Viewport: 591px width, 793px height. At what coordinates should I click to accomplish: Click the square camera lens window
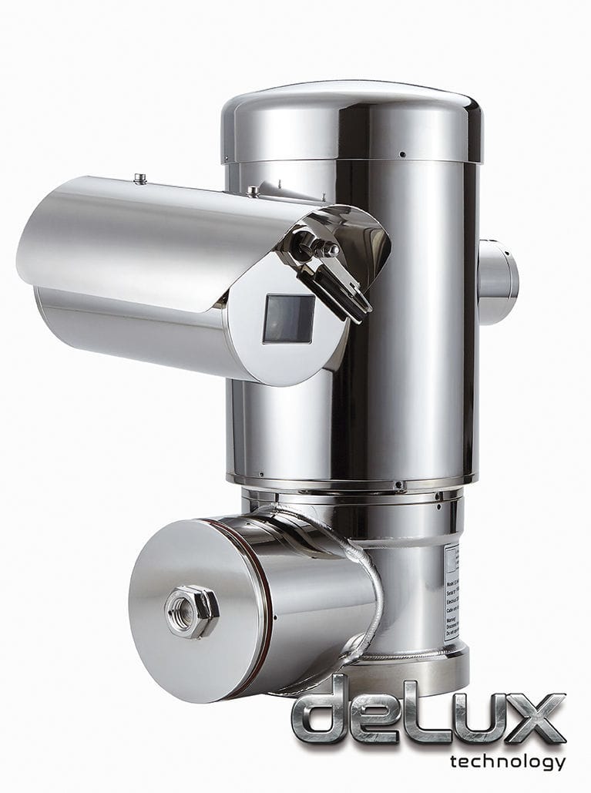click(x=289, y=318)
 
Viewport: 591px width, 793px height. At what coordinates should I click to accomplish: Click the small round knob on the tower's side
click(x=498, y=281)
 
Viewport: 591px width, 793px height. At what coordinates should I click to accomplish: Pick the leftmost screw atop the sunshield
click(x=140, y=179)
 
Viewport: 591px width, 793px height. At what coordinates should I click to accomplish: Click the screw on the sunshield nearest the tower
click(x=253, y=190)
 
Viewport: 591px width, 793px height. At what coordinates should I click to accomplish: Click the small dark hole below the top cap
click(x=401, y=154)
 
